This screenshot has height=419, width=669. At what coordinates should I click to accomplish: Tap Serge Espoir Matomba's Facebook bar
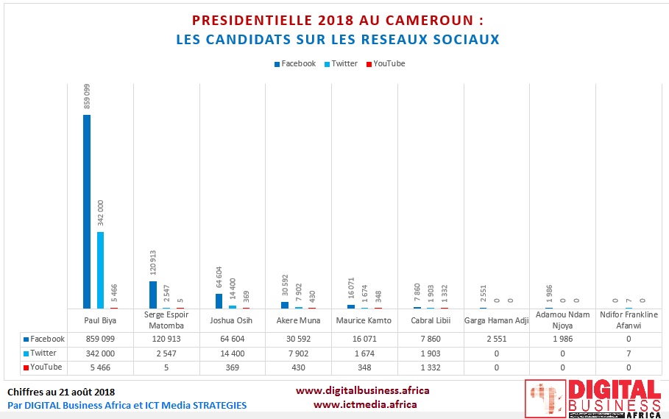[x=153, y=295]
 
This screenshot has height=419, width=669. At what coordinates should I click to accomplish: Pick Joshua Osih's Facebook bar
[x=219, y=300]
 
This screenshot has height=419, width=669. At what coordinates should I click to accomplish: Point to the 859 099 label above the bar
[x=87, y=95]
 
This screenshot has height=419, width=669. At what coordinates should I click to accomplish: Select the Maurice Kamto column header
[x=364, y=320]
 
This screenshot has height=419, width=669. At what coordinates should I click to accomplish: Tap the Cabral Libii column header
[x=431, y=320]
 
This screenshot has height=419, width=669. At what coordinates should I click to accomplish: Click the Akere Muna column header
[x=298, y=320]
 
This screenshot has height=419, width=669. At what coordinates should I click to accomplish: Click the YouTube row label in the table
[x=44, y=367]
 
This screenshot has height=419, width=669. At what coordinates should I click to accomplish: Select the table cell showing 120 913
[x=166, y=339]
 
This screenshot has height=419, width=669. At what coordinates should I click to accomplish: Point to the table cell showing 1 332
[x=431, y=367]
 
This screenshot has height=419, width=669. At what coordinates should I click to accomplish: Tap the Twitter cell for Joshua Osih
[x=232, y=353]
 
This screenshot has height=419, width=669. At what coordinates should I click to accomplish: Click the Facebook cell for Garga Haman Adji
[x=497, y=339]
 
